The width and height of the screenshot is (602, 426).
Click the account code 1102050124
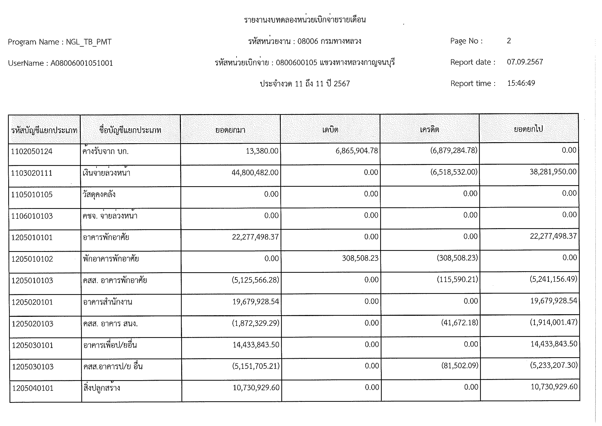pyautogui.click(x=32, y=151)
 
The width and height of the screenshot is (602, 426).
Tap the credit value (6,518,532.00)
pyautogui.click(x=454, y=172)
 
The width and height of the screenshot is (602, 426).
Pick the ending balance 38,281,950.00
pyautogui.click(x=553, y=172)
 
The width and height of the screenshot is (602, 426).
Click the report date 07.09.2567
pyautogui.click(x=525, y=62)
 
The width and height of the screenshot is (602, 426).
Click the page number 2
pyautogui.click(x=509, y=41)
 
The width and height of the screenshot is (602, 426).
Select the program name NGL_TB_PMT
pyautogui.click(x=89, y=42)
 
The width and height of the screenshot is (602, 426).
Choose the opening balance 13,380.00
pyautogui.click(x=262, y=151)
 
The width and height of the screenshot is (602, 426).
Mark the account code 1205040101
pyautogui.click(x=33, y=388)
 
